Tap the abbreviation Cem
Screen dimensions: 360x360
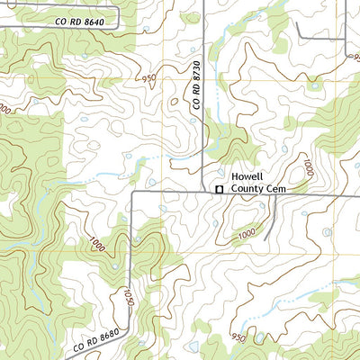(x=274, y=189)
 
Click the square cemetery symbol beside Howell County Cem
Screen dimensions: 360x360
(x=218, y=188)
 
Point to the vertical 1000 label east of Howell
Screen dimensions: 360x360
(x=307, y=167)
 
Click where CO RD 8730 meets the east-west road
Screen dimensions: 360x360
(x=205, y=191)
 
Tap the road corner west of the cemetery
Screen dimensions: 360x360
(x=134, y=192)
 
